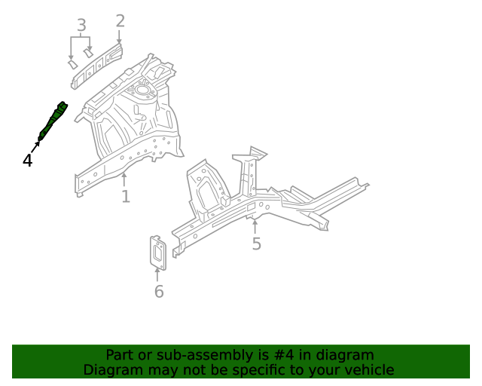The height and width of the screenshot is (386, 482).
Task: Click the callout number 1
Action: tap(126, 196)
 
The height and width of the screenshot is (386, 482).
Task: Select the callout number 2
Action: tap(120, 20)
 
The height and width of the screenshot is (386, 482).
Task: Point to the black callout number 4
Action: tap(28, 160)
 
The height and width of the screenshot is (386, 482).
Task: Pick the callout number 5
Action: tap(256, 244)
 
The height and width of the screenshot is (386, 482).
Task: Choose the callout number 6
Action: tap(159, 291)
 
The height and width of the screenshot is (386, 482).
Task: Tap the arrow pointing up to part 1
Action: tap(125, 179)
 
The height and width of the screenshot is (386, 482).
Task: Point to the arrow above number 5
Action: tap(255, 225)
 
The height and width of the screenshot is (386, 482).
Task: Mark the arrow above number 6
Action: tap(158, 274)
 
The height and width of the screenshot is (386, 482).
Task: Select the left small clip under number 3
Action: tap(72, 65)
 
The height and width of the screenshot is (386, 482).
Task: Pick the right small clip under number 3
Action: tap(89, 54)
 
